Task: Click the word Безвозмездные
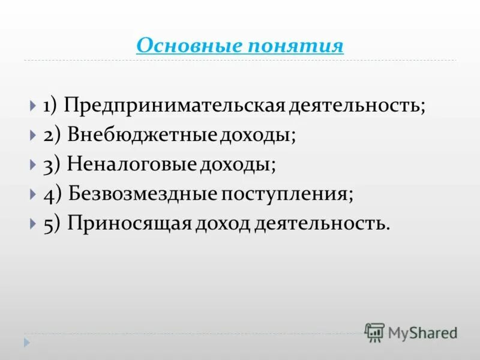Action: [143, 193]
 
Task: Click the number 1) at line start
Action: [49, 106]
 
